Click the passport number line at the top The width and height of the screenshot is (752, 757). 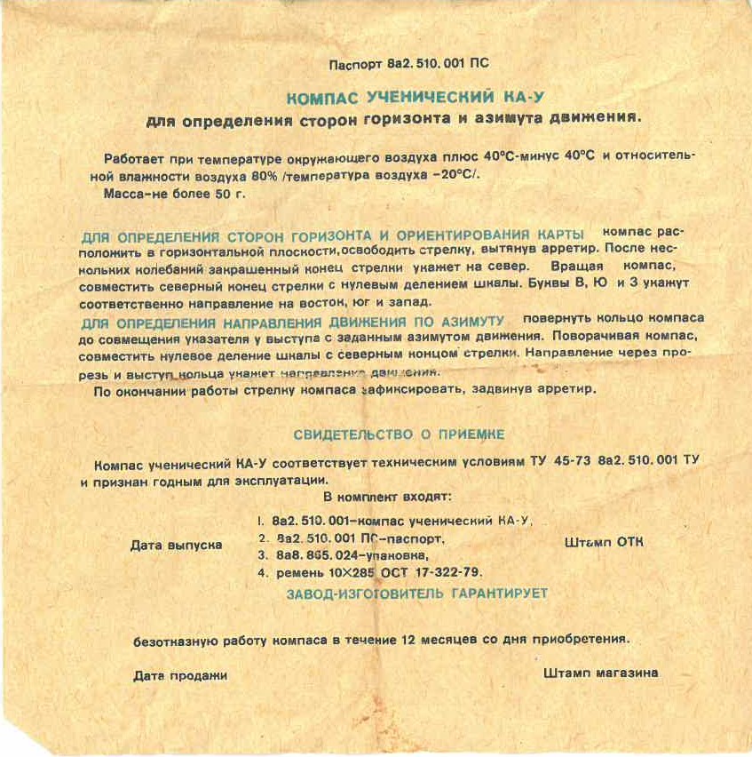(x=408, y=65)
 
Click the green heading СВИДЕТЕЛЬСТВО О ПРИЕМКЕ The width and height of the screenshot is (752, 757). (x=399, y=434)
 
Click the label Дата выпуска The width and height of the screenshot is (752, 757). (x=176, y=545)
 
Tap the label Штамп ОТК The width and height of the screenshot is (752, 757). (x=604, y=542)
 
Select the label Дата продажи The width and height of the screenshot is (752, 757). (x=180, y=675)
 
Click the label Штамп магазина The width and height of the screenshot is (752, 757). (x=600, y=673)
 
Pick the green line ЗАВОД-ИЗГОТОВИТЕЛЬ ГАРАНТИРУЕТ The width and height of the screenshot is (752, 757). (x=416, y=593)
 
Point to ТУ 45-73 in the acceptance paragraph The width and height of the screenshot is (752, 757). (x=559, y=463)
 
